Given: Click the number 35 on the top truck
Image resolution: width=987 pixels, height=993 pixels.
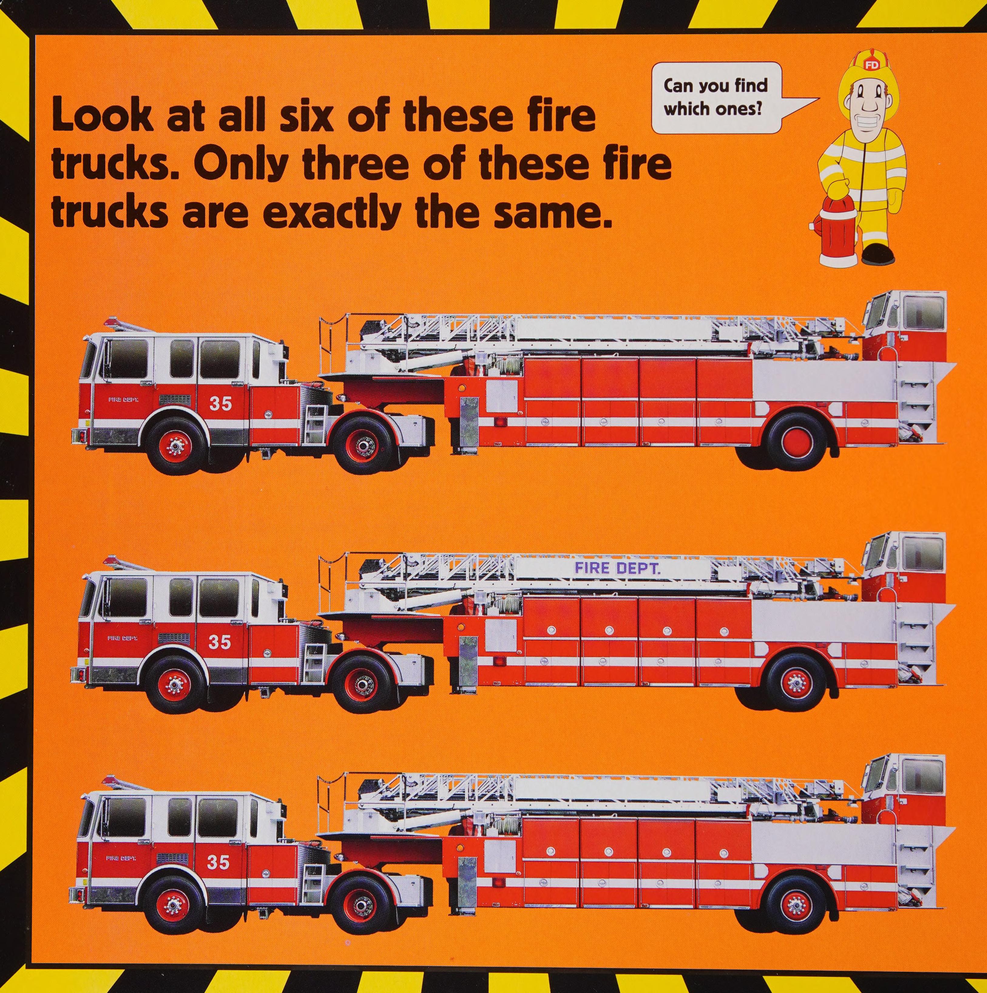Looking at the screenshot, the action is click(221, 404).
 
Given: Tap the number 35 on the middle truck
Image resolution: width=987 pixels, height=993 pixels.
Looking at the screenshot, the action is click(219, 642).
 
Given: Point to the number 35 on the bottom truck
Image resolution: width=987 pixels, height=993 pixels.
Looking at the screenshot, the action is click(218, 863).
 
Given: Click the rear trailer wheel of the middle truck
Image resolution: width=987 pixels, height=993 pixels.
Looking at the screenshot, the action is click(796, 682).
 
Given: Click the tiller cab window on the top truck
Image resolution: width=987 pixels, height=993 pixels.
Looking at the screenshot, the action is click(925, 313).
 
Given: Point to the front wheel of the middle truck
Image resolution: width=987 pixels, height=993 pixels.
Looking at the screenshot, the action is click(174, 684).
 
